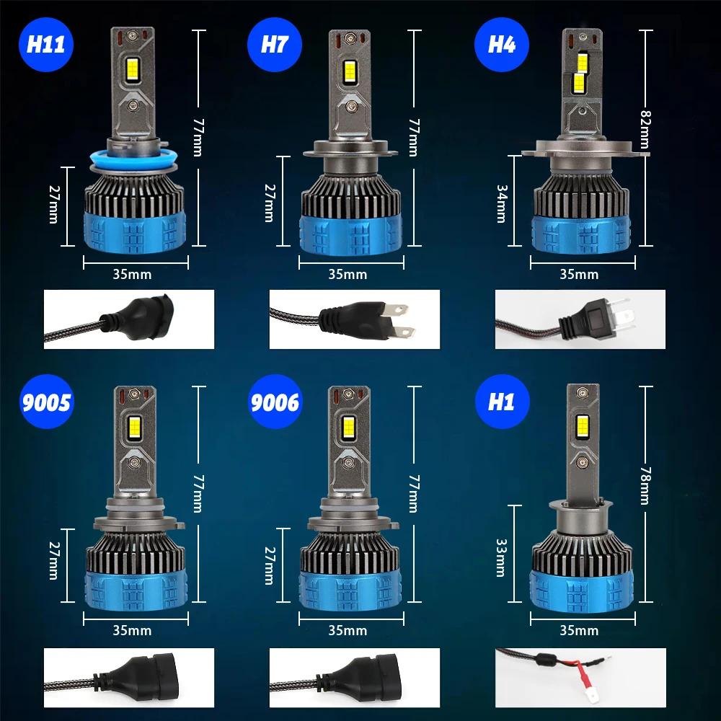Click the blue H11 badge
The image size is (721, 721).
[46, 44]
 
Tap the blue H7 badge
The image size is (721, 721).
[274, 44]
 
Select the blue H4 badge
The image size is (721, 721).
[501, 44]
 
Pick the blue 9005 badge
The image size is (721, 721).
[46, 401]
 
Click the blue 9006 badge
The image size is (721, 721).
[274, 401]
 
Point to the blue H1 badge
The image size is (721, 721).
[501, 401]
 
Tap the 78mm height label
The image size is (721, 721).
[644, 485]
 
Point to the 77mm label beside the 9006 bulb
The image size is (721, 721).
[412, 493]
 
